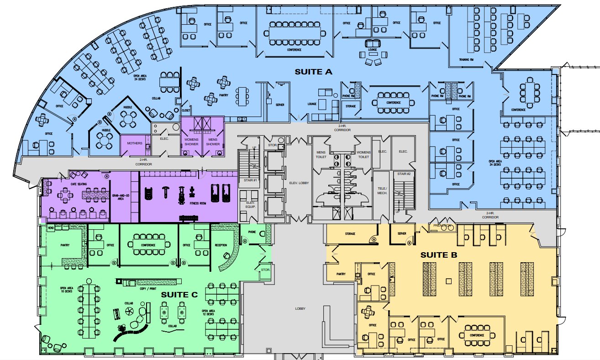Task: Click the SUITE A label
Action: (313, 72)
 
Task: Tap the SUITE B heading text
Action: (439, 255)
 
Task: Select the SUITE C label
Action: (179, 295)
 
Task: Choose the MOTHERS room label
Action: (135, 143)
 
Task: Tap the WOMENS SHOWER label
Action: (191, 142)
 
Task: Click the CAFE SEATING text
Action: (79, 184)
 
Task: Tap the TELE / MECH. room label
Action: (382, 191)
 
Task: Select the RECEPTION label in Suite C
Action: (221, 245)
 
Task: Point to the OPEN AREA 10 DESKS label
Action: (67, 290)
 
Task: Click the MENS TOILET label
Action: (321, 154)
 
